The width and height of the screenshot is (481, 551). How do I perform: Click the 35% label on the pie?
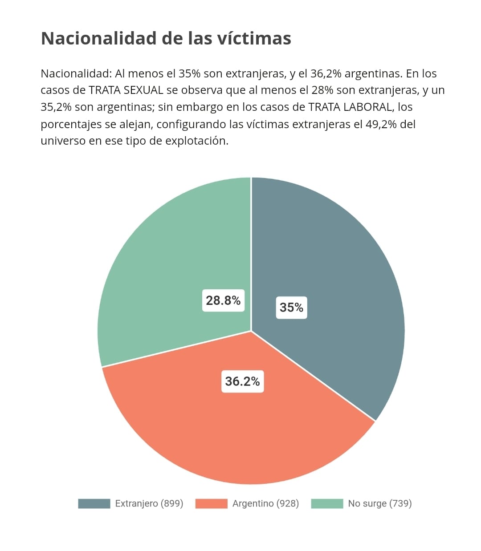pos(291,308)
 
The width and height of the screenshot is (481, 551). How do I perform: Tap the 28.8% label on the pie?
pos(223,300)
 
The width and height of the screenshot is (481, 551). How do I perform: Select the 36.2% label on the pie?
pos(242,381)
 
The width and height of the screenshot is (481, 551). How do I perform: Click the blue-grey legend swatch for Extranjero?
pos(94,503)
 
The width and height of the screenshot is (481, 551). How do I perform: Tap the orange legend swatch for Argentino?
pos(211,503)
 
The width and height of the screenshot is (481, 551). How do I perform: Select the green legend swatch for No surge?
pos(327,503)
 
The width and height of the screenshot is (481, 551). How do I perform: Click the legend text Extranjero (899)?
pos(149,503)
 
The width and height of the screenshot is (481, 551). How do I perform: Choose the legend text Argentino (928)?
pos(265,503)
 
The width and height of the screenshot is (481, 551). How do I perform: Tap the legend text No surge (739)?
pos(380,503)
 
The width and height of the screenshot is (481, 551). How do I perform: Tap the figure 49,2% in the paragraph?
pos(381,124)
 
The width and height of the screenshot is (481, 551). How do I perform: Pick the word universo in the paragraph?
pos(63,141)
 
